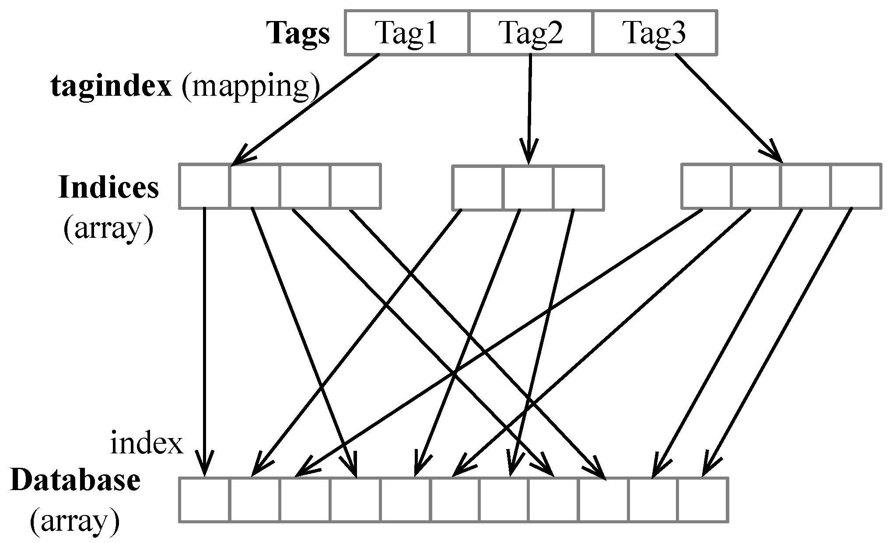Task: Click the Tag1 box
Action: [406, 33]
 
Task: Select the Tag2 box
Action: [531, 33]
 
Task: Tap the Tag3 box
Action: [655, 33]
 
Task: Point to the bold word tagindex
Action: [112, 87]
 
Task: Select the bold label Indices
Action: [108, 187]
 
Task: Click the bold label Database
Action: [75, 480]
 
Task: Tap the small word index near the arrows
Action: [147, 444]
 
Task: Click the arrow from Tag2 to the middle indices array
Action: [529, 109]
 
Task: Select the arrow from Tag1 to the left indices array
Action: [306, 109]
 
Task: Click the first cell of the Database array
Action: [204, 500]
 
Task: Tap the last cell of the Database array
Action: [703, 500]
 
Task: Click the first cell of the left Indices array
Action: [204, 186]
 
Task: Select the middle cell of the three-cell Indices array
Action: [528, 187]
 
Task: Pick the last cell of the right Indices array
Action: [856, 186]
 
